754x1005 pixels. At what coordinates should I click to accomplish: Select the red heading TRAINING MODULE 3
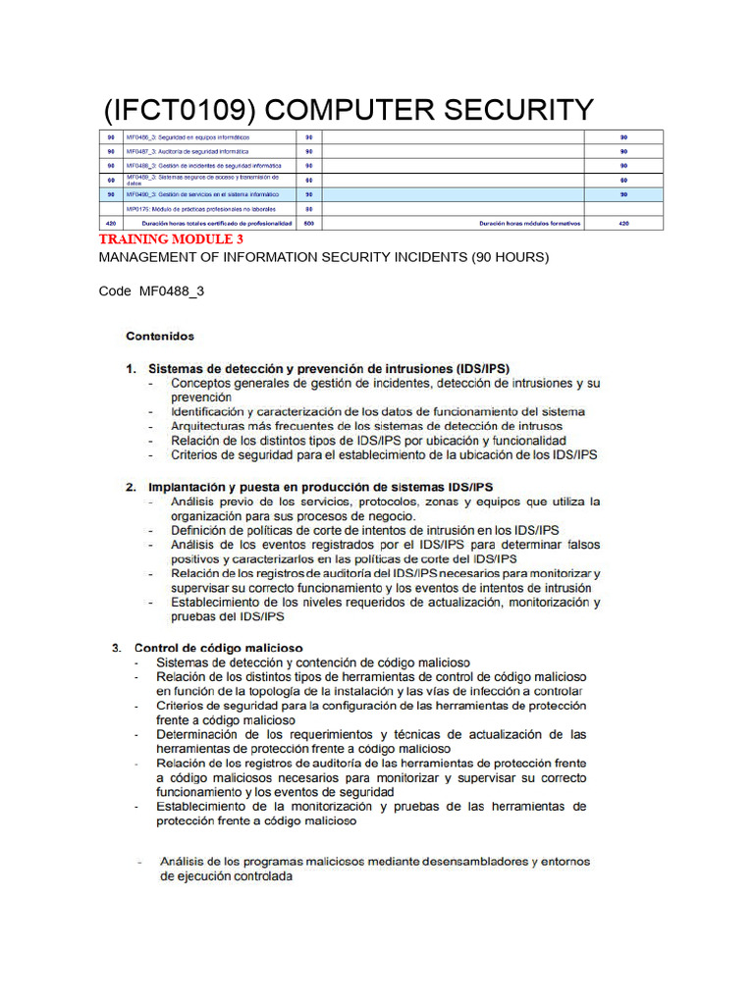click(x=171, y=239)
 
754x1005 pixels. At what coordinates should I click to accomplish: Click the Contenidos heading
click(x=160, y=336)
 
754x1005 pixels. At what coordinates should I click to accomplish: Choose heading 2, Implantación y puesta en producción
click(x=320, y=487)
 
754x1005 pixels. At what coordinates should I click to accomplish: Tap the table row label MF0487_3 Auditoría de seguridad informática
click(x=187, y=152)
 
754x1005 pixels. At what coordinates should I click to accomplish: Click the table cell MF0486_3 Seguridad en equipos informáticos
click(x=187, y=137)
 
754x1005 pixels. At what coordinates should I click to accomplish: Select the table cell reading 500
click(x=308, y=223)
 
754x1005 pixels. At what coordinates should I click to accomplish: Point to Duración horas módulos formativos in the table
click(x=529, y=223)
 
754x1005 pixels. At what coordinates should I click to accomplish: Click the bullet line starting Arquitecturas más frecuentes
click(x=366, y=427)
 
